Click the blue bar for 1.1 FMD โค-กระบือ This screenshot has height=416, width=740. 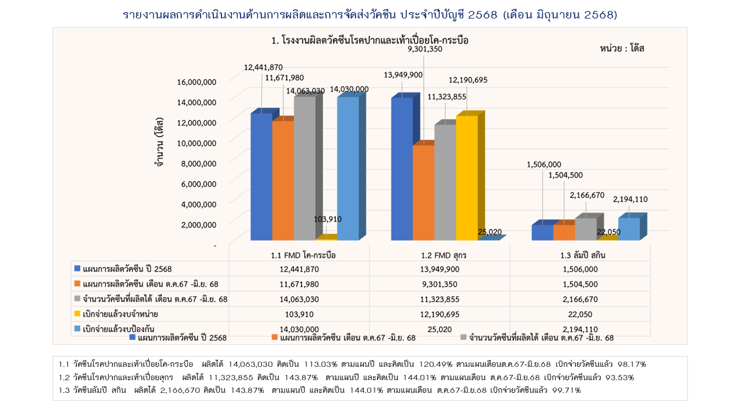tap(261, 176)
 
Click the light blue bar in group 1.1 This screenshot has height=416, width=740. tap(347, 168)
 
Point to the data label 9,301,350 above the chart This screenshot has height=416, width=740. tap(425, 49)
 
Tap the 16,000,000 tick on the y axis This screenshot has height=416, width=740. tap(197, 81)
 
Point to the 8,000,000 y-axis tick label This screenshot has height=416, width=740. tap(197, 164)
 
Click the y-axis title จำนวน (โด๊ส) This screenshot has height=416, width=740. tap(158, 142)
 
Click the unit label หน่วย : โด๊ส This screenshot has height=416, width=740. tap(622, 49)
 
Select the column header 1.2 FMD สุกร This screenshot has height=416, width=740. tap(439, 255)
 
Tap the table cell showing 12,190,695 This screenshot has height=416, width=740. tap(439, 314)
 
